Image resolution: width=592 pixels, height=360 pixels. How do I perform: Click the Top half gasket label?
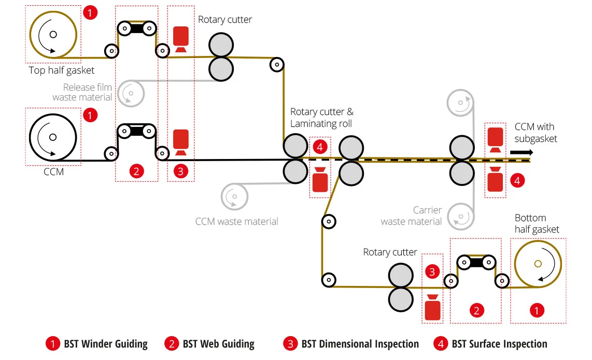point(62,70)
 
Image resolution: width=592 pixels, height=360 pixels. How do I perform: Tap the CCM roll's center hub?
point(53,137)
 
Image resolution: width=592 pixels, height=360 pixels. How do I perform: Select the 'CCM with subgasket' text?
point(535,133)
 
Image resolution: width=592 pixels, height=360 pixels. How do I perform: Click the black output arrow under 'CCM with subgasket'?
point(521,152)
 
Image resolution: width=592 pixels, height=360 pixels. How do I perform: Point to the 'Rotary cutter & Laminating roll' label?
point(322,118)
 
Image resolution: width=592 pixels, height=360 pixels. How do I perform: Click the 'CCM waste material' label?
point(237,222)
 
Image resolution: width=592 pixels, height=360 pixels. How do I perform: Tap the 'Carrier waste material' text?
point(411,215)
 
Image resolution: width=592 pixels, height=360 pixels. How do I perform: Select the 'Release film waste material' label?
point(82,92)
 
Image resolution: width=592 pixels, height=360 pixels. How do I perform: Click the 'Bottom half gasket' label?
point(537,223)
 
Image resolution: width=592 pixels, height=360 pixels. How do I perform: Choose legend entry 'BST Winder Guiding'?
point(96,344)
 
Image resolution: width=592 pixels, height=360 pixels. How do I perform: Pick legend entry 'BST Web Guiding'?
point(209,344)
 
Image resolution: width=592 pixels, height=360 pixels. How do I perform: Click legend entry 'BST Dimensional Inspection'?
point(351,344)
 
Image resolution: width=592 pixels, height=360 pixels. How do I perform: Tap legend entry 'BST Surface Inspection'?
point(490,344)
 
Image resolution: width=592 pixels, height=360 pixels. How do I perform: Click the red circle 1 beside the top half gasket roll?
point(90,13)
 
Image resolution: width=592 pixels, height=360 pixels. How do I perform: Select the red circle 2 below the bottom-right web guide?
point(476,311)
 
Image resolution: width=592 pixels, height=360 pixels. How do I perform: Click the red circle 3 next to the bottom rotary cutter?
point(432,272)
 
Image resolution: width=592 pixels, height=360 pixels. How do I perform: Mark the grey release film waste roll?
point(131,93)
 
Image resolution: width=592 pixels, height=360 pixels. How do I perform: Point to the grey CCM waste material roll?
point(234,197)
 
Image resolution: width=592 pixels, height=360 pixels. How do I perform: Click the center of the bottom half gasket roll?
point(538,264)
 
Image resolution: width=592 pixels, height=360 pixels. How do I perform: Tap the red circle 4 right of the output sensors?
point(517,181)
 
